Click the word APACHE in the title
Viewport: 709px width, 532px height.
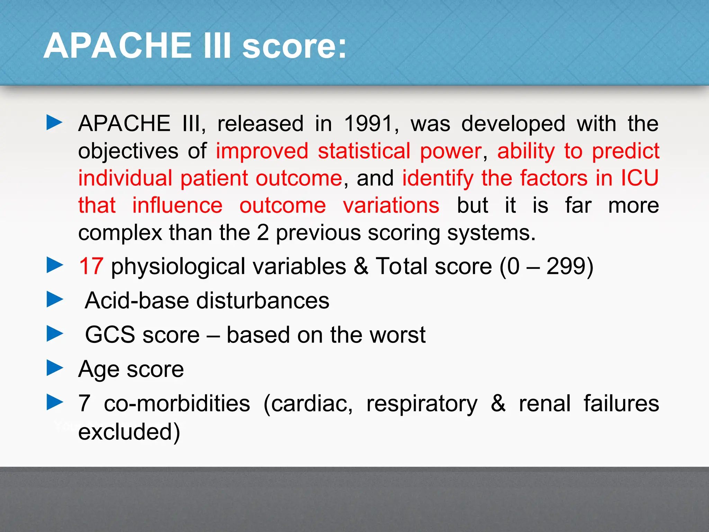pos(118,46)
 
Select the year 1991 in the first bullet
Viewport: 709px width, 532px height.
pos(368,123)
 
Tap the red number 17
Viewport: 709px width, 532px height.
pos(91,266)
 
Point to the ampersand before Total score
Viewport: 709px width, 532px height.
pos(361,266)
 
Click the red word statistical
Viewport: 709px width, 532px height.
pos(364,151)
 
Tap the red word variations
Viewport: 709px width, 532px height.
pos(391,205)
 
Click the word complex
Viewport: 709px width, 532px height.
pos(120,233)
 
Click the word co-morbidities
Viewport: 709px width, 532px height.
pos(177,404)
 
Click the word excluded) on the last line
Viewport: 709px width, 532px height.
pos(129,432)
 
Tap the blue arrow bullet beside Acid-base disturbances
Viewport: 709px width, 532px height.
pos(55,299)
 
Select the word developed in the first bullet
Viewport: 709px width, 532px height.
pos(513,123)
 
